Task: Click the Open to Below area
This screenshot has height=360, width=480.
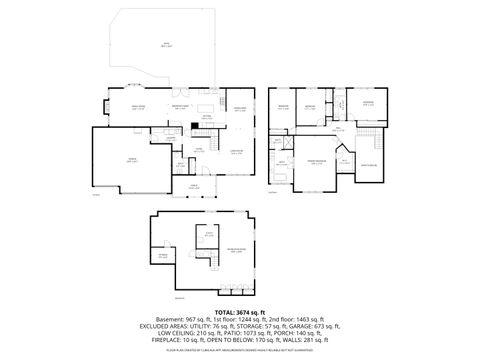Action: point(366,164)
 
